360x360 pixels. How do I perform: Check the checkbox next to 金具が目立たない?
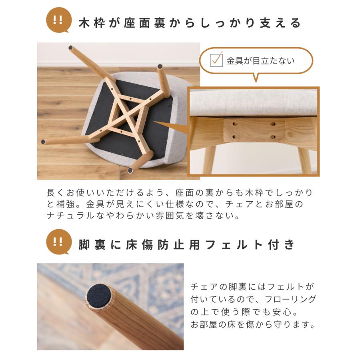coord(216,60)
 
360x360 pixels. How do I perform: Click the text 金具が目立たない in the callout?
coord(260,61)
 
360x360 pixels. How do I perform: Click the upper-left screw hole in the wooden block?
coord(234,125)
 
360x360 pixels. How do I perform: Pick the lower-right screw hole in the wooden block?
coord(273,137)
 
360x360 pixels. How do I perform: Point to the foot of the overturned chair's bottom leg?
coord(130,170)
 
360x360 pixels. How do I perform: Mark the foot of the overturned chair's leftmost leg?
coord(43,141)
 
